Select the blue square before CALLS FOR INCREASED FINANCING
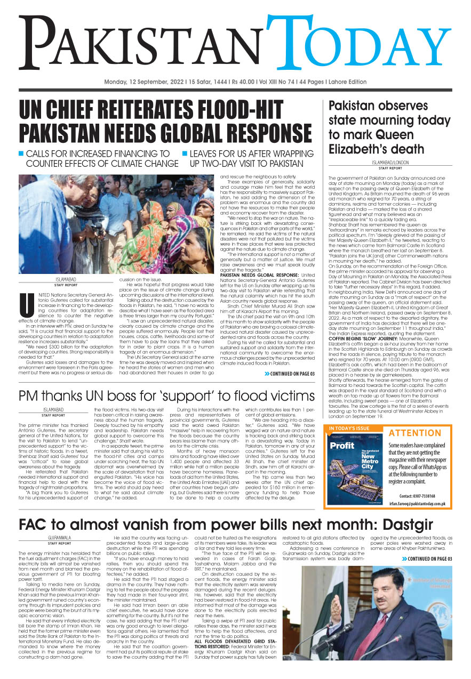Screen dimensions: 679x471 pyautogui.click(x=22, y=153)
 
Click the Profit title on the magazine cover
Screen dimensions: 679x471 pyautogui.click(x=342, y=445)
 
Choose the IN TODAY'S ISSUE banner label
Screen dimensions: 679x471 pyautogui.click(x=350, y=429)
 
